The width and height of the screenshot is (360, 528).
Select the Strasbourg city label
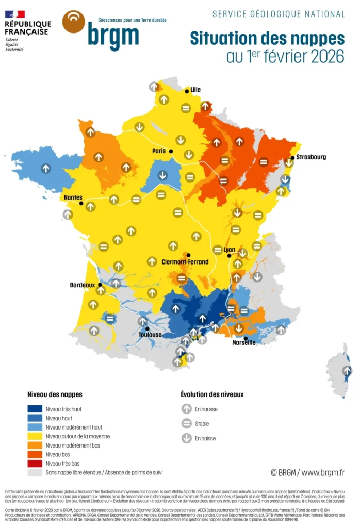coord(311,157)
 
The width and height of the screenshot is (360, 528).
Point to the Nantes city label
coord(72,197)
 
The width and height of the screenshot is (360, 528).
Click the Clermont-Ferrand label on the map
coord(185,262)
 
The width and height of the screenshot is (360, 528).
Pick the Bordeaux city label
coord(83,285)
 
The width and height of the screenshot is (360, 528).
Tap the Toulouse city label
coord(150,335)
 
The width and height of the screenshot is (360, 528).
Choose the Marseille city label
coord(244,342)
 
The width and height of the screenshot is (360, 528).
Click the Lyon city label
coord(229,250)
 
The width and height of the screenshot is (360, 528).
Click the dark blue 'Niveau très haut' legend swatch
coord(35,409)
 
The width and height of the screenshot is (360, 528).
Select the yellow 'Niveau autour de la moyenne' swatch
coord(35,436)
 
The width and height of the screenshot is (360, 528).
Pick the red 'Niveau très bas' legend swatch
coord(35,463)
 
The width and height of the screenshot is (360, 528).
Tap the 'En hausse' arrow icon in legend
coord(186,409)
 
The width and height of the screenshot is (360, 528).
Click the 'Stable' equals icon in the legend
coord(186,424)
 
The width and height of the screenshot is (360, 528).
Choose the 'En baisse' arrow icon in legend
coord(186,438)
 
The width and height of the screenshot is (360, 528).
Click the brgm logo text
coord(113,35)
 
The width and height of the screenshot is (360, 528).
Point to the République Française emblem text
coord(28,28)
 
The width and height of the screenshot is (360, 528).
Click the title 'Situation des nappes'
coord(267,38)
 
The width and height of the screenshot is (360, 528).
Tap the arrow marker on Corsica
coord(347,370)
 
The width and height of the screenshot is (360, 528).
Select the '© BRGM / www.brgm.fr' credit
coord(307,472)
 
